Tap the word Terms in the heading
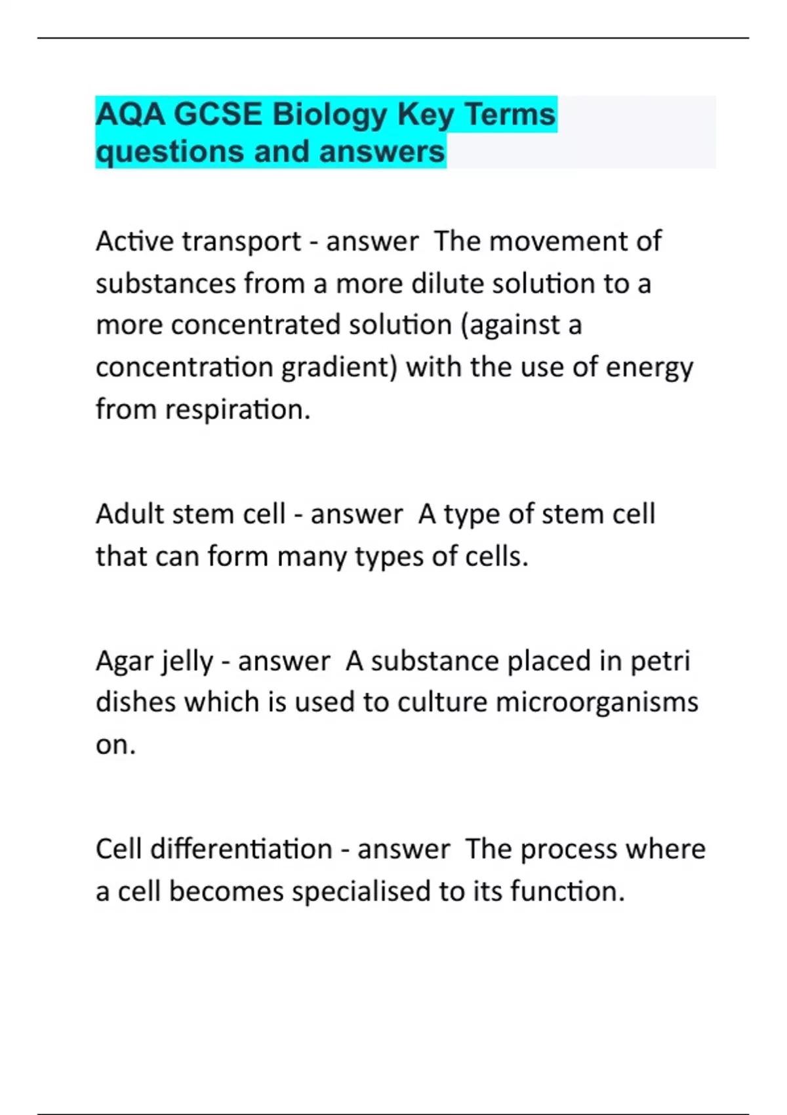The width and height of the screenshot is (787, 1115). (x=510, y=114)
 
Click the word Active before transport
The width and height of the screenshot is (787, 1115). (x=134, y=241)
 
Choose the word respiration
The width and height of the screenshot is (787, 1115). (x=237, y=410)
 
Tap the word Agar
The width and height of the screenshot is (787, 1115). (x=122, y=661)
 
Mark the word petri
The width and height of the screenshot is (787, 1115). (x=660, y=661)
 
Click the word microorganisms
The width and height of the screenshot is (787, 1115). (x=597, y=702)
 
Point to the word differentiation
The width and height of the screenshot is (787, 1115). (x=241, y=849)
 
